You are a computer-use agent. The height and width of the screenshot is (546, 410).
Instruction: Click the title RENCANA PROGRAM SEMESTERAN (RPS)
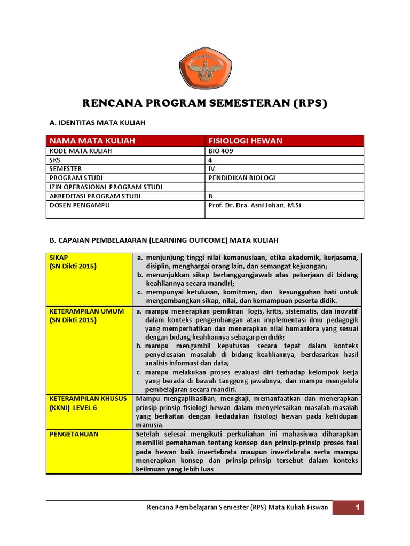click(x=204, y=103)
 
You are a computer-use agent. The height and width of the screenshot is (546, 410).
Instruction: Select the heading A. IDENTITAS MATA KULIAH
click(x=97, y=123)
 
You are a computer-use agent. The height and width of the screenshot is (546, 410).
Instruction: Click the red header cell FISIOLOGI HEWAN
click(x=245, y=141)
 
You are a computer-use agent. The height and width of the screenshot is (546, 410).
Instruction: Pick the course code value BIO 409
click(x=220, y=151)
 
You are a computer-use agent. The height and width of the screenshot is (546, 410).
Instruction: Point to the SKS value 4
click(x=210, y=160)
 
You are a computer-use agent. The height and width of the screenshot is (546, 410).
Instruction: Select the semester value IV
click(x=211, y=169)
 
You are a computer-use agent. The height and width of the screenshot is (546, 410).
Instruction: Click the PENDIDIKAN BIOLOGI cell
click(x=242, y=178)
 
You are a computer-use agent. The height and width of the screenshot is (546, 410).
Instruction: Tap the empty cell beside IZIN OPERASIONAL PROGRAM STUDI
click(x=284, y=187)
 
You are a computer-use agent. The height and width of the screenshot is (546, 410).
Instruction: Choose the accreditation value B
click(x=210, y=196)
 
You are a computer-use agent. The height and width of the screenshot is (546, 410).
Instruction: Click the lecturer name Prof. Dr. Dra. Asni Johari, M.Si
click(x=255, y=205)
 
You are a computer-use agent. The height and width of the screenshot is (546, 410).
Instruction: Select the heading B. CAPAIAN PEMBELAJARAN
click(x=164, y=240)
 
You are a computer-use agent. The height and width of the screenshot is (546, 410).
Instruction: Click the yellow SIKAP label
click(x=56, y=257)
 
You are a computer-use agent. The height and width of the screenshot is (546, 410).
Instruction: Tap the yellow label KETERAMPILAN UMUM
click(x=86, y=311)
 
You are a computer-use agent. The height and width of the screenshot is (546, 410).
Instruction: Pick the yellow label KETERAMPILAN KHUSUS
click(x=88, y=399)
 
